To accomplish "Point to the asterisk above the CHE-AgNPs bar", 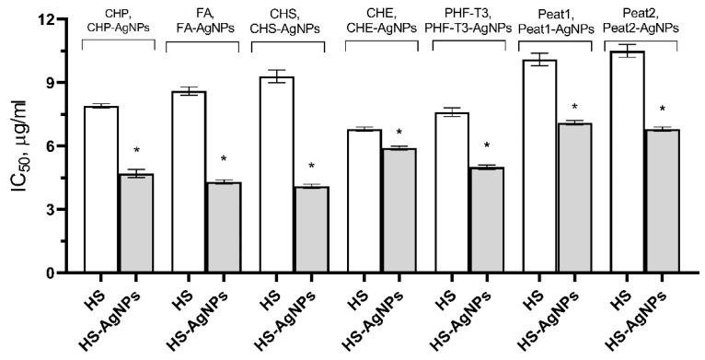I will (x=399, y=134).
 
